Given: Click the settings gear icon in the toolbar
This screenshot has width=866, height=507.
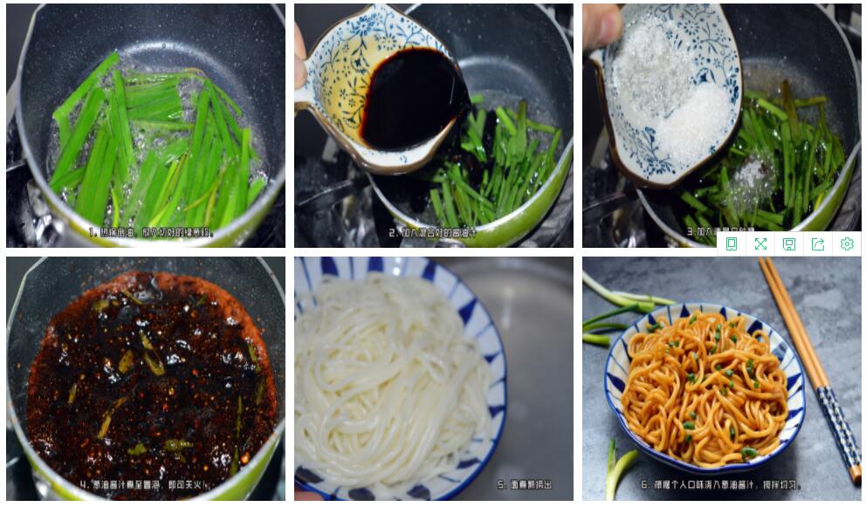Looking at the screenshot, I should click(x=846, y=244).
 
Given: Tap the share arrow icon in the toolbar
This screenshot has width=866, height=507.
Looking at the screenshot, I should click(x=817, y=244).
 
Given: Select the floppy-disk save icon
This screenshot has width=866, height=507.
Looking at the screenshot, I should click(x=788, y=244).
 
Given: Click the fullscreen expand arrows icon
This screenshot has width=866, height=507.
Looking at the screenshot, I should click(x=759, y=244).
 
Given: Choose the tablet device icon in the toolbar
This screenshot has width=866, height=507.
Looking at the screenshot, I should click(x=732, y=244).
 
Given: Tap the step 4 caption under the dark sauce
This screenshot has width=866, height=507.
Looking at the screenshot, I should click(x=148, y=483).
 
